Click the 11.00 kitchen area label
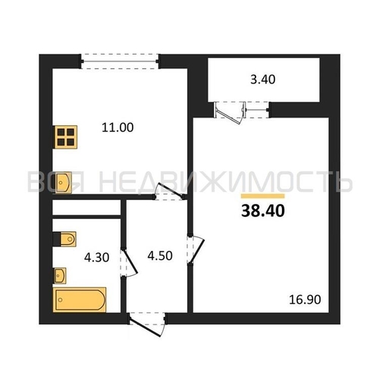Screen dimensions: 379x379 coord(117,127)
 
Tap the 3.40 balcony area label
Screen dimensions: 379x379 coord(263,80)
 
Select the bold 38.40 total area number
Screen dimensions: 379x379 coord(263,211)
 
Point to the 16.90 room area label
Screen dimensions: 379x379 coord(305,299)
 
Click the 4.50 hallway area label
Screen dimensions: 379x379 coord(160,255)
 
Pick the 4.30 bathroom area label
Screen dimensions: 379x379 coord(97,258)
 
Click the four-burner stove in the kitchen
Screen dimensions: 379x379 coord(66,137)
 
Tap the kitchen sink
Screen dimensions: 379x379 coord(64,183)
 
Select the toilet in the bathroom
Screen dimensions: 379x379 coord(64,239)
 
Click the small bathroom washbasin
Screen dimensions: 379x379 coord(60,276)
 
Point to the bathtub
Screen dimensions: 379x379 coord(80,299)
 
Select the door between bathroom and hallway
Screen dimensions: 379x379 coord(129,263)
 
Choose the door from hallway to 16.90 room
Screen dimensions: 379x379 coord(196,250)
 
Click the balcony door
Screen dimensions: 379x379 coord(230,112)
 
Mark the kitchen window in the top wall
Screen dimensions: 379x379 coord(119,61)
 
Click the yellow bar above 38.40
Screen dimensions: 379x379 coord(263,196)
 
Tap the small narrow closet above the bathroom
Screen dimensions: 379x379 coord(86,208)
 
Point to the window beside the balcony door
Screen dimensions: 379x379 coord(257,110)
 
